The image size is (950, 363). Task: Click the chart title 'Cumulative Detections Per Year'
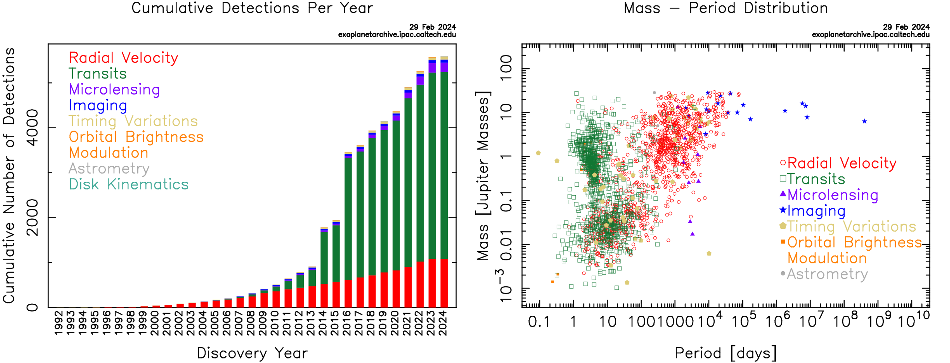(x=252, y=8)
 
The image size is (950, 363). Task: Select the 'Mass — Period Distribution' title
(x=726, y=8)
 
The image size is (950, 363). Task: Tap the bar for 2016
(x=348, y=229)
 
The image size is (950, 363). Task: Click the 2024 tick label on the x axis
(x=444, y=323)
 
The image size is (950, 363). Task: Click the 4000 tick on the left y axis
(x=32, y=128)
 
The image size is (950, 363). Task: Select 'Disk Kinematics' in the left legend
(x=129, y=184)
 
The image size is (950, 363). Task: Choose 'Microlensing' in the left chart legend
(x=114, y=89)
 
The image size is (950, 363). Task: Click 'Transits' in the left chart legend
(x=98, y=73)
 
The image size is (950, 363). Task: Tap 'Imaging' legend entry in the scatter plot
(x=816, y=211)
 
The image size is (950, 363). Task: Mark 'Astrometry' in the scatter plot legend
(x=827, y=274)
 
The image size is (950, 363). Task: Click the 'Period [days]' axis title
(x=726, y=353)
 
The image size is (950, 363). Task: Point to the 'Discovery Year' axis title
(x=252, y=353)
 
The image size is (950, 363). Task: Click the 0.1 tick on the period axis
(x=539, y=322)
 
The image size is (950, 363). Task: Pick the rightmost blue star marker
(x=865, y=121)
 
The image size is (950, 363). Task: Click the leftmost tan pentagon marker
(x=538, y=153)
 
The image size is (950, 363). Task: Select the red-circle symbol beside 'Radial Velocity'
(x=783, y=163)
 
